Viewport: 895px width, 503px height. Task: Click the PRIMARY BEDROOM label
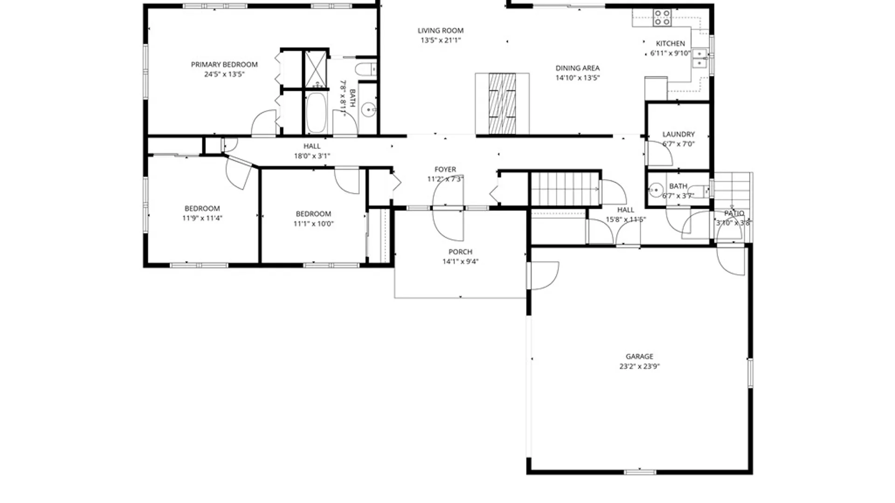pos(224,65)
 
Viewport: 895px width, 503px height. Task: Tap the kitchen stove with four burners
pos(662,18)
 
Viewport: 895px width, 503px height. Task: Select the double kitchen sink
pos(699,58)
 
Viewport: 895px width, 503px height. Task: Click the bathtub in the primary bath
pos(316,113)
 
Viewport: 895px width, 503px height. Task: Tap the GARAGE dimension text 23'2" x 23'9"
pos(639,367)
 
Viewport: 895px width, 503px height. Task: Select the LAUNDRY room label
pos(678,134)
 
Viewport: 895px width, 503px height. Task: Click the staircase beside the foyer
pos(565,189)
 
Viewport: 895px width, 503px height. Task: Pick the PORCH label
pos(460,252)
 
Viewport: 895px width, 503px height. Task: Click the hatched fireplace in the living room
pos(502,103)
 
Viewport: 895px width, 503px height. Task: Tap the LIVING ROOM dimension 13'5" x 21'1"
pos(441,41)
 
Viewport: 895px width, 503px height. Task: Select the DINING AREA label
pos(577,68)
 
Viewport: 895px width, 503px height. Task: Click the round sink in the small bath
pos(656,190)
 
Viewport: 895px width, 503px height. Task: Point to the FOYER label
pos(445,170)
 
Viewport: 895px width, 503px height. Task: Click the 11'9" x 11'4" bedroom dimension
pos(202,218)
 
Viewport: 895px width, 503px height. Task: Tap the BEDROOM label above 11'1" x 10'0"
pos(313,214)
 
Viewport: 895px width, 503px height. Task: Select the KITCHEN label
pos(670,43)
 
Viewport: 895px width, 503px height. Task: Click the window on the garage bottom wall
pos(640,472)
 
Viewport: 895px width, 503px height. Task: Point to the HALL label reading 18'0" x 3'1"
pos(312,146)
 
